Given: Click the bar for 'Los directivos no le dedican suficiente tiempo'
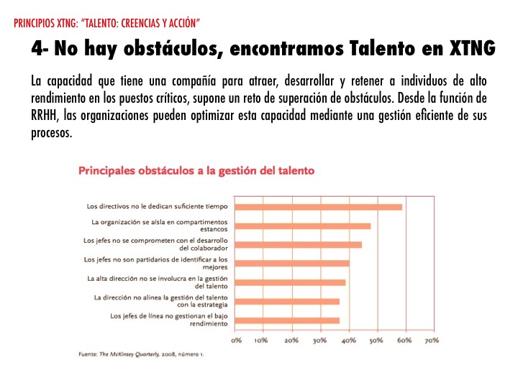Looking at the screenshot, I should coord(319,207).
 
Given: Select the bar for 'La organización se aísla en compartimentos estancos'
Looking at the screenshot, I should coord(303,226).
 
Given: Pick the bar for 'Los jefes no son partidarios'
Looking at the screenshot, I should coord(292,263).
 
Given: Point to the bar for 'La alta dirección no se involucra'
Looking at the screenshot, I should coord(290,282).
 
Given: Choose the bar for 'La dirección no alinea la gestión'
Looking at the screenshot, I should coord(287,301).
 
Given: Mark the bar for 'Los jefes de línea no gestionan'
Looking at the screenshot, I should coord(287,320).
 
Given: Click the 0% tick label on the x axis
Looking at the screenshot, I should coord(236,340).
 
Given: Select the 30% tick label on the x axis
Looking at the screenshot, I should coord(319,340).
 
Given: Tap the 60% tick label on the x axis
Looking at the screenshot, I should coord(404,340).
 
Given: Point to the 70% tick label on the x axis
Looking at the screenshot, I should coord(431,340).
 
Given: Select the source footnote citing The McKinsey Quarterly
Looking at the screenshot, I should coord(141,354).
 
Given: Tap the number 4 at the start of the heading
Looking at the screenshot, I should coord(35,49).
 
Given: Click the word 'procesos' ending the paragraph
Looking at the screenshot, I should coord(52,133).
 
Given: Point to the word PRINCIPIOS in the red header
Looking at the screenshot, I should coord(33,23).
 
